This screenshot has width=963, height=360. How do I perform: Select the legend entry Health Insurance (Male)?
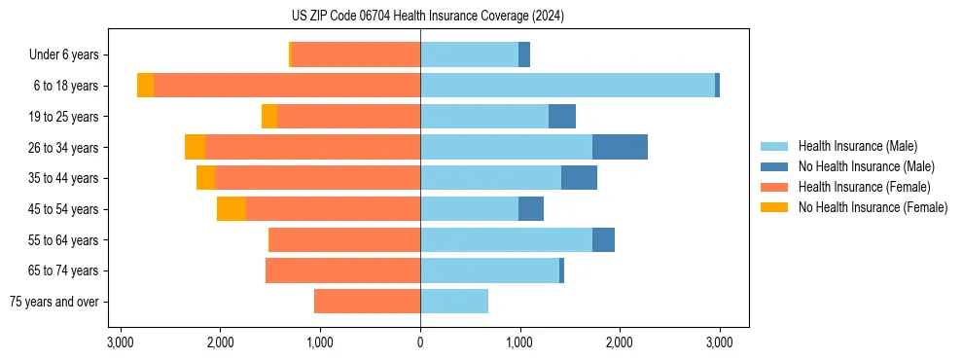click(x=857, y=146)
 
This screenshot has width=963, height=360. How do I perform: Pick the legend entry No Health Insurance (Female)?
click(x=873, y=207)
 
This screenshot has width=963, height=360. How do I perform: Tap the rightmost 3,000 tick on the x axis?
click(x=719, y=342)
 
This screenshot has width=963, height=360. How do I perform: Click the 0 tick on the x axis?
click(x=420, y=342)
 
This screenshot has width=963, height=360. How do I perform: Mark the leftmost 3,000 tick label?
click(x=121, y=342)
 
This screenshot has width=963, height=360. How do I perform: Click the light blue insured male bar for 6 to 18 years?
click(x=567, y=86)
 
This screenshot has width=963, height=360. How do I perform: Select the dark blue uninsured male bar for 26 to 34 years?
click(x=620, y=147)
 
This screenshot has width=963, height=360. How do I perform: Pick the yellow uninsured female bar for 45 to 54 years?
click(x=232, y=209)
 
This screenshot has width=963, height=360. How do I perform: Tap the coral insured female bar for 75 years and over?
click(x=367, y=302)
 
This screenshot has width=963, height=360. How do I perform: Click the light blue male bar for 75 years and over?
click(x=454, y=302)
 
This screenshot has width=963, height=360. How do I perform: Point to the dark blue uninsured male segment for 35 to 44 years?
click(x=579, y=178)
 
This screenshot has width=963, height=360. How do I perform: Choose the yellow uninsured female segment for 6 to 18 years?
click(x=145, y=86)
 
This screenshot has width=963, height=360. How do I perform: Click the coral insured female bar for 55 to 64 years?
click(x=344, y=240)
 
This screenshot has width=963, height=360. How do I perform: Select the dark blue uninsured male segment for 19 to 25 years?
click(x=562, y=117)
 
